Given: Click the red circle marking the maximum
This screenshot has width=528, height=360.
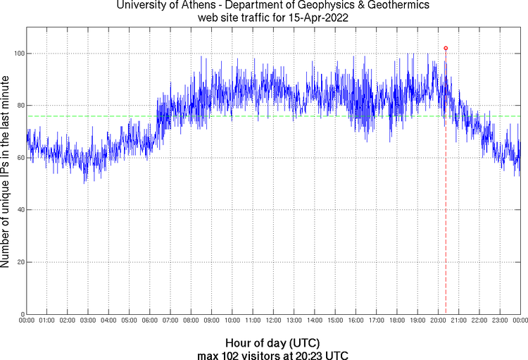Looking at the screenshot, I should pyautogui.click(x=446, y=48).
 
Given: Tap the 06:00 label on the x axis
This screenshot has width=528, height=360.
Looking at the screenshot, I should pyautogui.click(x=150, y=321).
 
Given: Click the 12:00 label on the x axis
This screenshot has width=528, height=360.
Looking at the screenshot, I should pyautogui.click(x=273, y=321).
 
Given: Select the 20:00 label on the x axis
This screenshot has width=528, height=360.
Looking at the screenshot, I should pyautogui.click(x=438, y=321).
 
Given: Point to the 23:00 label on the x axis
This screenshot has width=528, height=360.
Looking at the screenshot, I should pyautogui.click(x=500, y=321).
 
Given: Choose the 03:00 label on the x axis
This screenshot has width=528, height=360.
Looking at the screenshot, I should pyautogui.click(x=88, y=321).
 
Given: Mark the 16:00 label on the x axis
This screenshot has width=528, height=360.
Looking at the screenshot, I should pyautogui.click(x=356, y=321).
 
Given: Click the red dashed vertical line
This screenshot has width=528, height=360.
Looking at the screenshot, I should pyautogui.click(x=446, y=211).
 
